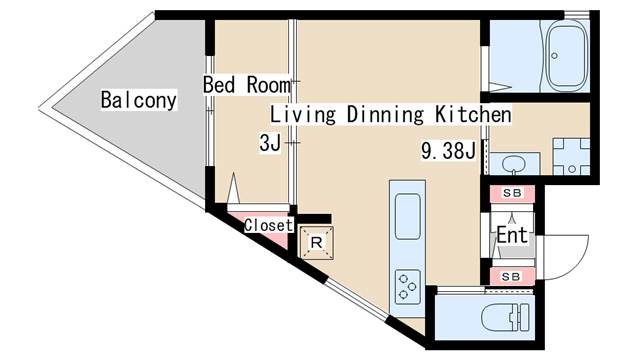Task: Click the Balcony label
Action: pyautogui.click(x=139, y=100)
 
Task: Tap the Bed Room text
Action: pyautogui.click(x=247, y=85)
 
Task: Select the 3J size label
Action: pyautogui.click(x=270, y=143)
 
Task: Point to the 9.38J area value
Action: pyautogui.click(x=448, y=151)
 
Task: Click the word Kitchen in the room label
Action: pyautogui.click(x=473, y=114)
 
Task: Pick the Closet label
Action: pyautogui.click(x=269, y=225)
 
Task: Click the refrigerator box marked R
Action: pyautogui.click(x=316, y=243)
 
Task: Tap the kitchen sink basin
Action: pyautogui.click(x=407, y=216)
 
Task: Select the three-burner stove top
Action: pyautogui.click(x=407, y=287)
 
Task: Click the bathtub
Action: pyautogui.click(x=565, y=56)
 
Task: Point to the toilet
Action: pyautogui.click(x=504, y=317)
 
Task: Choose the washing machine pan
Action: pyautogui.click(x=571, y=157)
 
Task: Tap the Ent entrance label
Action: pyautogui.click(x=512, y=235)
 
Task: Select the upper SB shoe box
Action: pyautogui.click(x=512, y=193)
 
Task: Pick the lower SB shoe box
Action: pyautogui.click(x=511, y=277)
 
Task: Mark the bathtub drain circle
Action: pyautogui.click(x=554, y=56)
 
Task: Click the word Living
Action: pyautogui.click(x=303, y=115)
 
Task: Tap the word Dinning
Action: pyautogui.click(x=385, y=115)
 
